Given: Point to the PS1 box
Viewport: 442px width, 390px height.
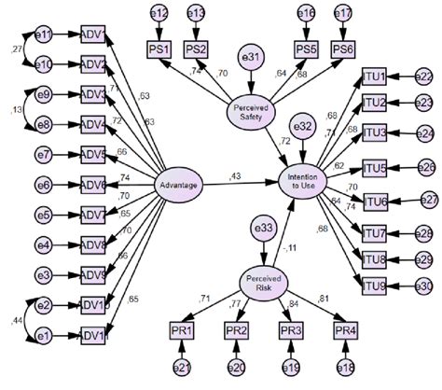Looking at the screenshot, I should click(159, 48).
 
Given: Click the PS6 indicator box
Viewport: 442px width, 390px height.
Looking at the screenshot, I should click(343, 48).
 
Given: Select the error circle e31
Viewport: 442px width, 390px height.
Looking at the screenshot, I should click(251, 55).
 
